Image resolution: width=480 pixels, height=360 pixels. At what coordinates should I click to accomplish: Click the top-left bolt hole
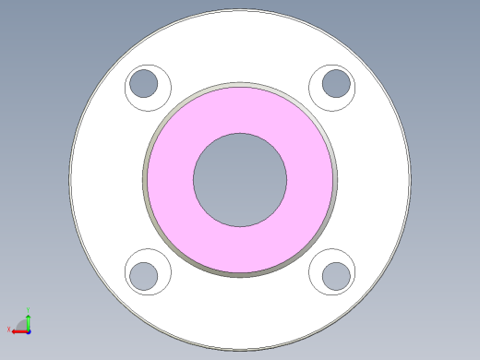pyautogui.click(x=143, y=84)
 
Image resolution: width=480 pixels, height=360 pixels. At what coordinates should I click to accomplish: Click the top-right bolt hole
pyautogui.click(x=336, y=84)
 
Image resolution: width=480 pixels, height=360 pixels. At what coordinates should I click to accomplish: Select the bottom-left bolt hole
pyautogui.click(x=143, y=275)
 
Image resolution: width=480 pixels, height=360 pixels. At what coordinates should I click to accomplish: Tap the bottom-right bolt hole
pyautogui.click(x=336, y=275)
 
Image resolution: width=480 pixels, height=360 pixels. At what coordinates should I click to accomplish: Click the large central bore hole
pyautogui.click(x=240, y=179)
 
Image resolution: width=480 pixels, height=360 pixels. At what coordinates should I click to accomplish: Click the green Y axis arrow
pyautogui.click(x=29, y=319)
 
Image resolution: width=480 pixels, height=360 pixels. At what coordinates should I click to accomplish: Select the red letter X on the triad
pyautogui.click(x=8, y=329)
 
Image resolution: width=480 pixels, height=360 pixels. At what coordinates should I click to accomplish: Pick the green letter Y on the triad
pyautogui.click(x=29, y=310)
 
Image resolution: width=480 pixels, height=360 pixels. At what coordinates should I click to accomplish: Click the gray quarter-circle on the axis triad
pyautogui.click(x=22, y=325)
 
